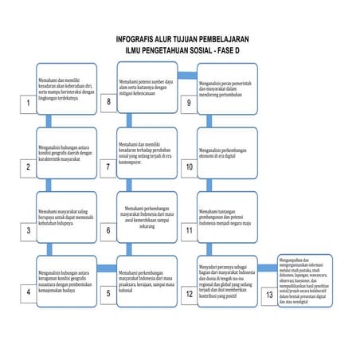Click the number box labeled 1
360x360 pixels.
pyautogui.click(x=28, y=104)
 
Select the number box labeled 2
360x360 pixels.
pyautogui.click(x=28, y=166)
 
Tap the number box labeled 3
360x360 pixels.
pyautogui.click(x=28, y=230)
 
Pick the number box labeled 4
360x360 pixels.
pyautogui.click(x=28, y=292)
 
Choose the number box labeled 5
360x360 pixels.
pyautogui.click(x=108, y=292)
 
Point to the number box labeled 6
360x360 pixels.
pyautogui.click(x=108, y=230)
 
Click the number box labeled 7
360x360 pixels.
pyautogui.click(x=108, y=166)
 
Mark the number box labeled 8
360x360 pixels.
pyautogui.click(x=108, y=103)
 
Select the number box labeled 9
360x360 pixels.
pyautogui.click(x=189, y=103)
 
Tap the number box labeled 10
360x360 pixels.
pyautogui.click(x=189, y=166)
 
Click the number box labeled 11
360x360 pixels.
pyautogui.click(x=189, y=230)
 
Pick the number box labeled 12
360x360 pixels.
pyautogui.click(x=189, y=292)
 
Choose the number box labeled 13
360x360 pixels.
pyautogui.click(x=268, y=292)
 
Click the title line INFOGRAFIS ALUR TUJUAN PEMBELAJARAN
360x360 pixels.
pyautogui.click(x=182, y=38)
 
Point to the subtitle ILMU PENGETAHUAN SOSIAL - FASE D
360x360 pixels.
pyautogui.click(x=182, y=49)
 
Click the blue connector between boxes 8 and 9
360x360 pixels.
pyautogui.click(x=186, y=76)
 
